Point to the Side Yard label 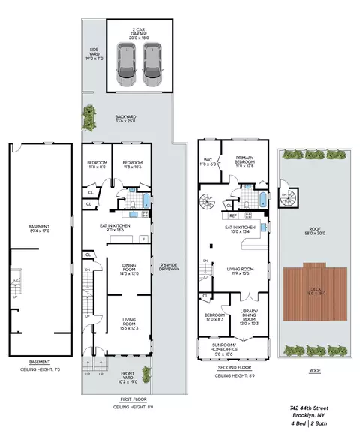click(91, 53)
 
